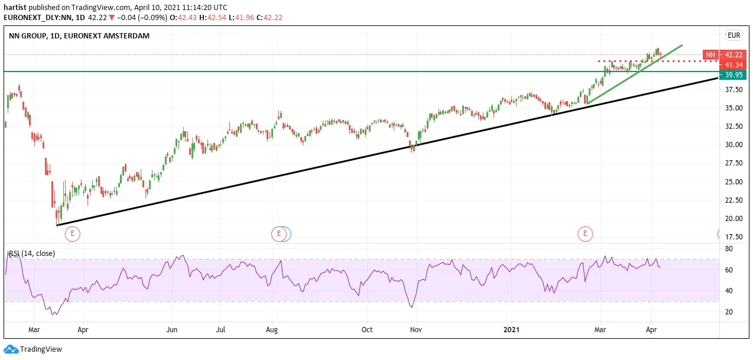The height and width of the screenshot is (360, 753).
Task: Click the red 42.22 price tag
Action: (733, 54)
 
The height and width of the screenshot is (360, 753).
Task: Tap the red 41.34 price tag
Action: (733, 64)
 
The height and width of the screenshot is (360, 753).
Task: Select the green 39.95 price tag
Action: (733, 74)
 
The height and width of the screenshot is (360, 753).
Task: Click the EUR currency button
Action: (734, 35)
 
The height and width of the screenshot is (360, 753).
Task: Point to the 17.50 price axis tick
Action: (734, 237)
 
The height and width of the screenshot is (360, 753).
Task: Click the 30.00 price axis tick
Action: (734, 145)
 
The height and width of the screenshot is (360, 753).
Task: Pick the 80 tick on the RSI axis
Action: (729, 249)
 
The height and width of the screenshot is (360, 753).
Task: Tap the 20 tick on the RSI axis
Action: (729, 312)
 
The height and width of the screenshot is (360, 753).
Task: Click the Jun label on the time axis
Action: (172, 330)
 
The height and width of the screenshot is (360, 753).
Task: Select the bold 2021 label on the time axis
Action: (511, 330)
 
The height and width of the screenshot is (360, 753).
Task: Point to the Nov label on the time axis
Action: (416, 330)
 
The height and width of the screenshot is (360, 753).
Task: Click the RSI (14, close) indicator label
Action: (32, 254)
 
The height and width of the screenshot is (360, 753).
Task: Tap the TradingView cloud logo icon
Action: (11, 349)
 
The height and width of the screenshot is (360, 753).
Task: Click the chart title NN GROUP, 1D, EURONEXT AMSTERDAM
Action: (79, 35)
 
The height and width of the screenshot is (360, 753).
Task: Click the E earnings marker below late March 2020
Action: (72, 234)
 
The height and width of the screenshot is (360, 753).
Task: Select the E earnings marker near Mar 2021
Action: (585, 234)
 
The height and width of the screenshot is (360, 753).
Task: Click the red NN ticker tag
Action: (710, 54)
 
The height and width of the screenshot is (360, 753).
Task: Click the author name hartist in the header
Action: (15, 8)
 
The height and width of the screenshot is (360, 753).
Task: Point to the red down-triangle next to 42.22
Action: (112, 18)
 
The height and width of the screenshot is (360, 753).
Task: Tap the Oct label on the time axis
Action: (367, 330)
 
